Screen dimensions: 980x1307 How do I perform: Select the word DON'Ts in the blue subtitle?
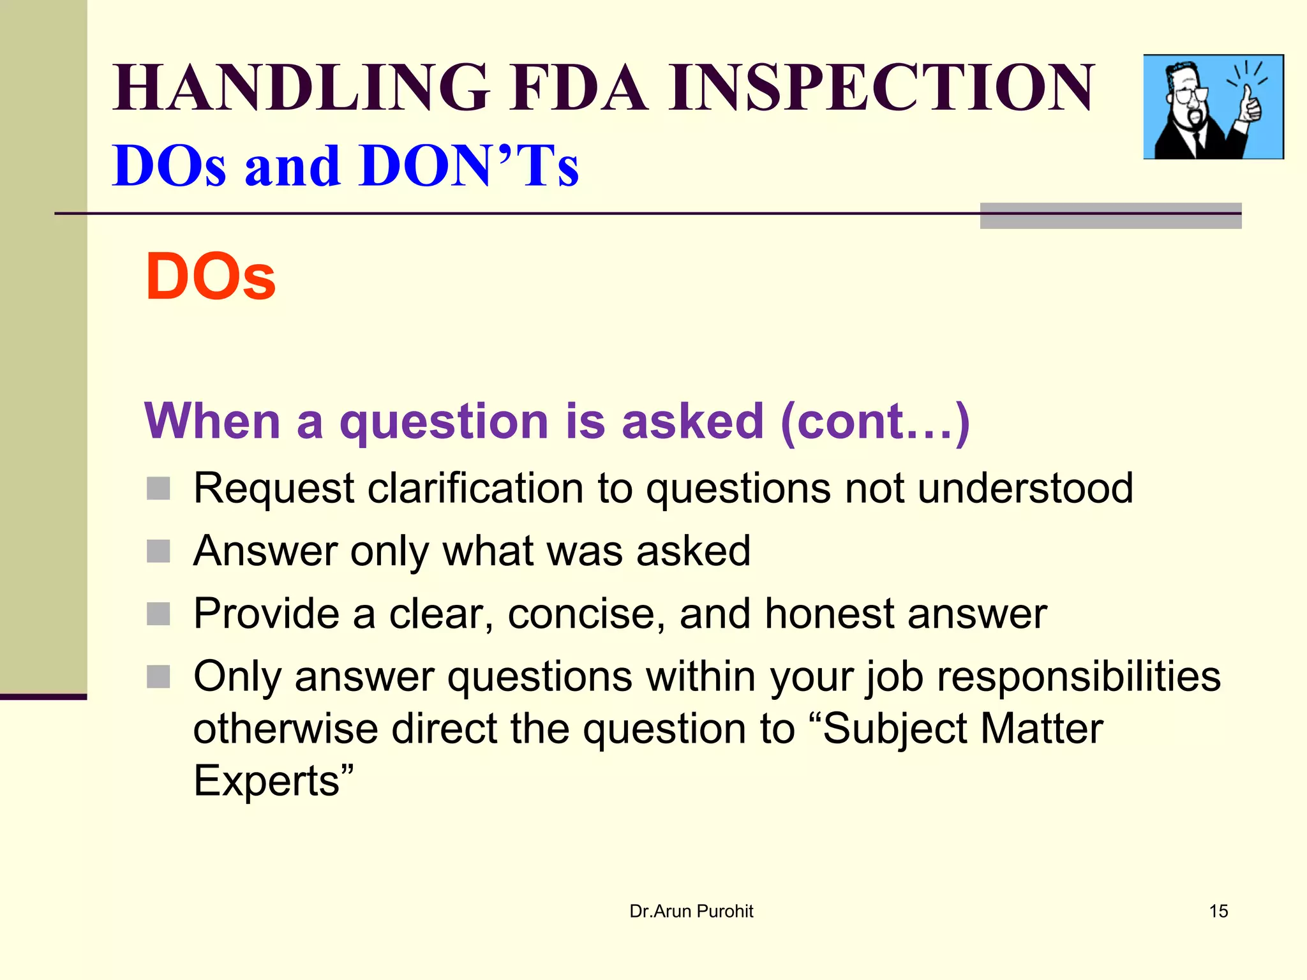coord(469,166)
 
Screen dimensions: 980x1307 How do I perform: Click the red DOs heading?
coord(211,277)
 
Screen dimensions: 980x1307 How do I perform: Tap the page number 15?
coord(1218,911)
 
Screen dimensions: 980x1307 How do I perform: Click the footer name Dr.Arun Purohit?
coord(691,911)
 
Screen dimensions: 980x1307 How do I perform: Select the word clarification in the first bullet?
coord(476,488)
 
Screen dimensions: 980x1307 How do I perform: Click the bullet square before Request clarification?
coord(158,489)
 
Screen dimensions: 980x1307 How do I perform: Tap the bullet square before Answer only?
coord(158,551)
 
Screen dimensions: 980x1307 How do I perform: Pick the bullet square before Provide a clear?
coord(158,614)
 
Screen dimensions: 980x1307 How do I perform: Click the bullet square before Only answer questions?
coord(158,676)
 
